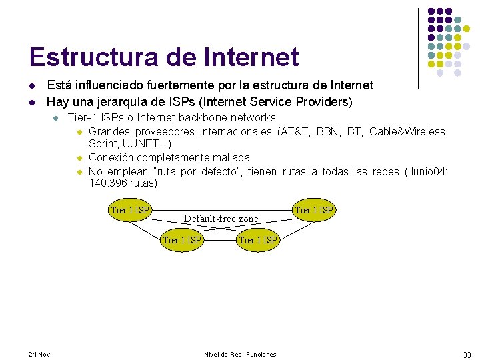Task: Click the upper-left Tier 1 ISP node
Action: click(x=131, y=211)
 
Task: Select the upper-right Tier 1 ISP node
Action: click(x=313, y=211)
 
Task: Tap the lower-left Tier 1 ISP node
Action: click(x=182, y=240)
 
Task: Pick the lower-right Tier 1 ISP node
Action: click(x=258, y=240)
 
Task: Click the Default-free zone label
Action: click(x=221, y=219)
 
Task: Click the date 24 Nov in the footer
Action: click(x=40, y=354)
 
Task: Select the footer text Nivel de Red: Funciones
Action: click(x=240, y=354)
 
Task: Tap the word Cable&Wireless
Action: click(x=408, y=131)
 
